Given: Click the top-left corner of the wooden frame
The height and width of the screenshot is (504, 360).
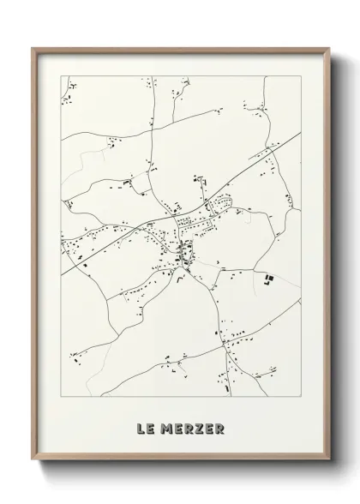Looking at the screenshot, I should click(33, 48).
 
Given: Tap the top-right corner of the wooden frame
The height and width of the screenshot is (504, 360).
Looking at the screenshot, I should click(328, 48).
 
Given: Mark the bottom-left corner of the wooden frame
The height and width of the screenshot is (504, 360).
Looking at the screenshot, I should click(33, 461).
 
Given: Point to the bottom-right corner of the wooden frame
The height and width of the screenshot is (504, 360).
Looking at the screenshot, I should click(328, 461).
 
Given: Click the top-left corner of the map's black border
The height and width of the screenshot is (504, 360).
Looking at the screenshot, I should click(61, 75).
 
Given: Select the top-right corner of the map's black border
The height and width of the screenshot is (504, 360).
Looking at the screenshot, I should click(301, 75).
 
